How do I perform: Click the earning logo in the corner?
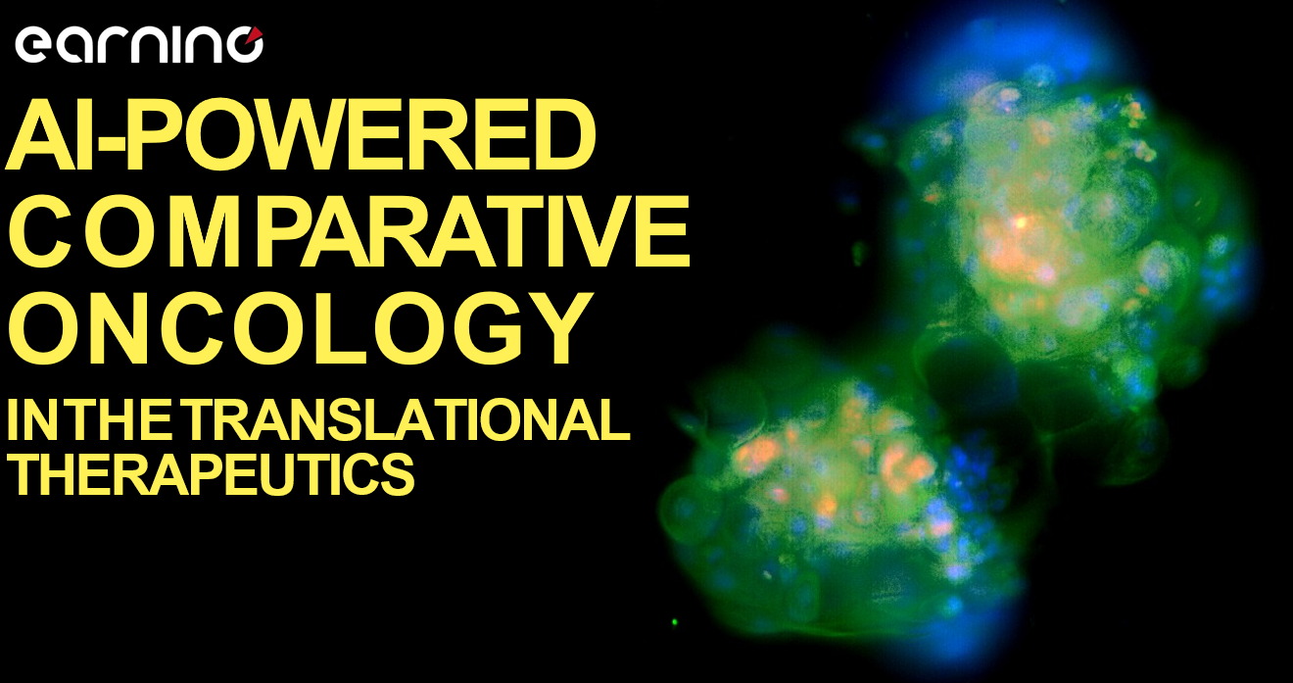point(139,44)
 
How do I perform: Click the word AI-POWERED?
point(301,134)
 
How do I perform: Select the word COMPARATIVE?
point(349,231)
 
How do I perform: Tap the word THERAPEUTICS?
point(211,473)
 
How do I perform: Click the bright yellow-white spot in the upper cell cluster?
point(1020,221)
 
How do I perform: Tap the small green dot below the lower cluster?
point(674,622)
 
